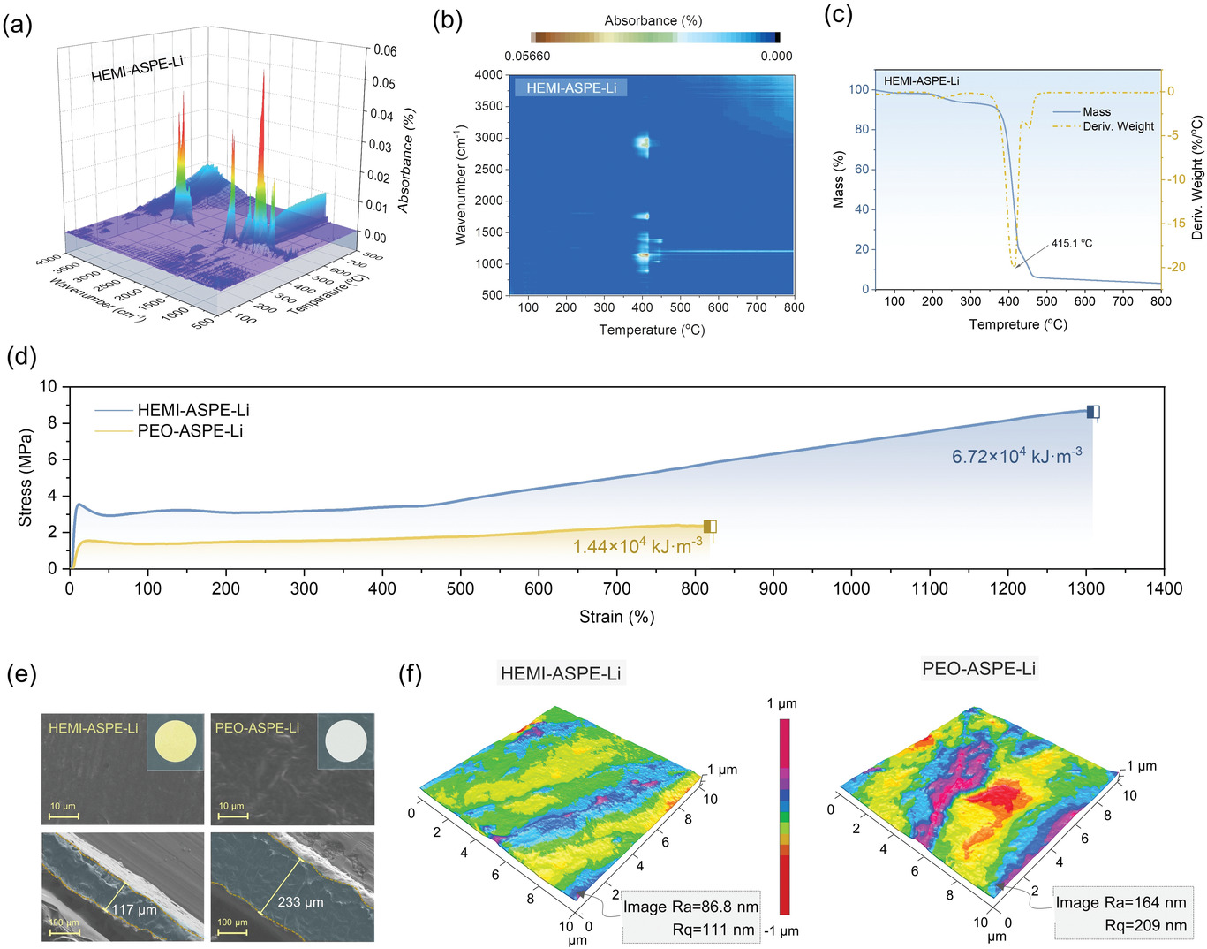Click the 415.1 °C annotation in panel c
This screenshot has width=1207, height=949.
coord(1071,243)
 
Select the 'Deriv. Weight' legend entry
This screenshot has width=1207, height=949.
coord(1118,126)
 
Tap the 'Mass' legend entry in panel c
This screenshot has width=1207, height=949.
coord(1097,111)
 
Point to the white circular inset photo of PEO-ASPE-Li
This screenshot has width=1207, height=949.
coord(345,740)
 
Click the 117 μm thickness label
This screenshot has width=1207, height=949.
coord(134,909)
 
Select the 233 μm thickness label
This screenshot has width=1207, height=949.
coord(300,902)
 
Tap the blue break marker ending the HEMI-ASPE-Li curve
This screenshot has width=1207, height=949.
coord(1093,412)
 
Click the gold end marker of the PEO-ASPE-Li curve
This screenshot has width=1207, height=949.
coord(710,527)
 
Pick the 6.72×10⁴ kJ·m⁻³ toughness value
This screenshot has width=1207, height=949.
coord(1016,456)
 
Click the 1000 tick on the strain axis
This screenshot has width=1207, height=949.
coord(851,588)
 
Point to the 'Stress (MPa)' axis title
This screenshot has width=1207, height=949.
coord(25,477)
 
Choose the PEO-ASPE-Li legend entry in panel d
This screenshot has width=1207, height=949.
coord(189,430)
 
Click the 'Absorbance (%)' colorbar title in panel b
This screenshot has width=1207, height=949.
coord(653,20)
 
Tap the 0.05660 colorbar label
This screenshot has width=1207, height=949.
coord(527,56)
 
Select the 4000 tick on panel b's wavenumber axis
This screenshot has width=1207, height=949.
coord(488,75)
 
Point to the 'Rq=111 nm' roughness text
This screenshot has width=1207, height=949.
coord(714,929)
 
